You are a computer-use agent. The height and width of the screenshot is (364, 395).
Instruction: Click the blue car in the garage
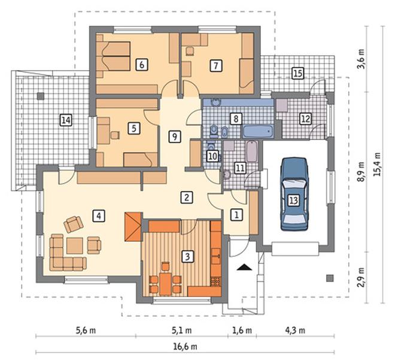click(294, 194)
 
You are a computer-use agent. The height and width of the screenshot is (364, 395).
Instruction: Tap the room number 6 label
click(142, 65)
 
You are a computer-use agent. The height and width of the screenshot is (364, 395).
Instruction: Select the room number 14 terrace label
click(66, 120)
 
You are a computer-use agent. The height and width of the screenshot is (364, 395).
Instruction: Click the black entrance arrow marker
click(244, 267)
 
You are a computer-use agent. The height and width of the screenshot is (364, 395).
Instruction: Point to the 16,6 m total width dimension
click(185, 347)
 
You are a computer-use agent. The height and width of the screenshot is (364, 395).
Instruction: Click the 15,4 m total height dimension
click(377, 165)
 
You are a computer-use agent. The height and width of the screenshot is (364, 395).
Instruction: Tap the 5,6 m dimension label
click(86, 330)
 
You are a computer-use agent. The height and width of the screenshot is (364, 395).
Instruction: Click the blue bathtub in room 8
click(258, 132)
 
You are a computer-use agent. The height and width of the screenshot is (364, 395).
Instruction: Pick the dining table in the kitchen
click(165, 284)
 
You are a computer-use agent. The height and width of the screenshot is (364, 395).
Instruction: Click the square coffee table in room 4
click(75, 246)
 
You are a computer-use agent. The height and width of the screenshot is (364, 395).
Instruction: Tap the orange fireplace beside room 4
click(133, 227)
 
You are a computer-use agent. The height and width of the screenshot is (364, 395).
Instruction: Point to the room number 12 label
click(305, 119)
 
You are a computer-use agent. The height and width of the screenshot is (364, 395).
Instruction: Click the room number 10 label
click(213, 156)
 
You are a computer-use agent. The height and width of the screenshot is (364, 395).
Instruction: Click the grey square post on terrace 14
click(41, 96)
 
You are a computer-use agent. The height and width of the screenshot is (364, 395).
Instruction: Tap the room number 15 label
click(298, 74)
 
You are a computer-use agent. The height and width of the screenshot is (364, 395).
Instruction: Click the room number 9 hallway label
click(175, 137)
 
